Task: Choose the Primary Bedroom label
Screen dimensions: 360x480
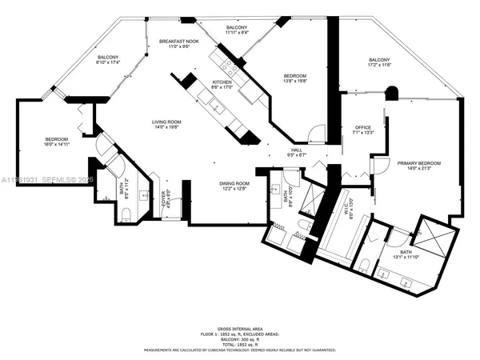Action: click(x=419, y=163)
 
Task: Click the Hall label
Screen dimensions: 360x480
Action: click(x=296, y=150)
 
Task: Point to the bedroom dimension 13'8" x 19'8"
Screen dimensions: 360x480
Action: click(x=294, y=81)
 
